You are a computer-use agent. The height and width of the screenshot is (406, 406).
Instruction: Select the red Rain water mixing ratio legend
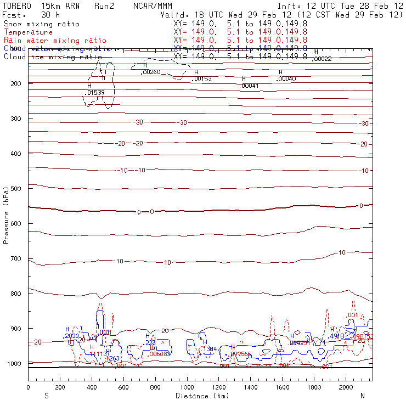(55, 41)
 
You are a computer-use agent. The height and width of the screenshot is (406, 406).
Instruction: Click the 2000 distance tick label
(346, 388)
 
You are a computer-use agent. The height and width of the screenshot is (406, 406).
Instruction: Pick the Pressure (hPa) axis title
(7, 215)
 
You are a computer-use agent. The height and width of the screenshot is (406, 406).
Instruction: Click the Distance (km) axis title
(199, 396)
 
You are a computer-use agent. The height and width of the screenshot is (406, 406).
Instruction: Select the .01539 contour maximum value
(95, 93)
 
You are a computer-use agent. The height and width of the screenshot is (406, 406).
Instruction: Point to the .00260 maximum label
(151, 72)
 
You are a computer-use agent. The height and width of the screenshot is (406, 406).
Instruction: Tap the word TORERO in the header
(16, 5)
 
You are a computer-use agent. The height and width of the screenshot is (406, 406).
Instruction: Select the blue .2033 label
(72, 336)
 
